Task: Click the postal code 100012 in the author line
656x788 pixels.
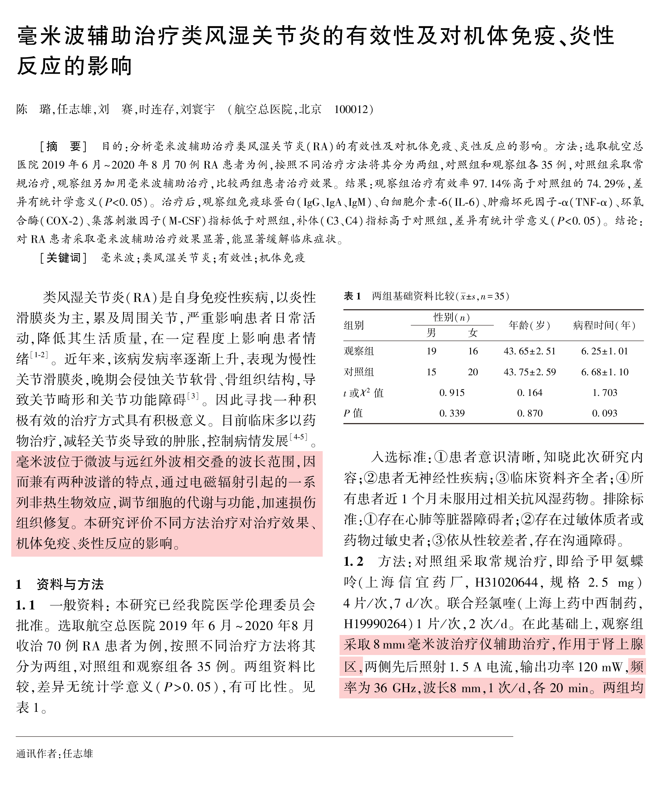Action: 351,109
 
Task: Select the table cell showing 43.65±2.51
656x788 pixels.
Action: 529,351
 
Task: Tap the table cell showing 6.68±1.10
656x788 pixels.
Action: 604,372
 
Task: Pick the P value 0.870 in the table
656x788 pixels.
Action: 530,413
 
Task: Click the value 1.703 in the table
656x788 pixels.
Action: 604,392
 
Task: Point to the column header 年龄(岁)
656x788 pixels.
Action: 529,325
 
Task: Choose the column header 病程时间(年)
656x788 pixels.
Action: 604,325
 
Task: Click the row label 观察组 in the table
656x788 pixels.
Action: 359,351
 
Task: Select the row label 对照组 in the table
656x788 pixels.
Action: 359,372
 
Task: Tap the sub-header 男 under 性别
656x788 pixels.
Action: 431,332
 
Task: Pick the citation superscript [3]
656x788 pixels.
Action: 193,396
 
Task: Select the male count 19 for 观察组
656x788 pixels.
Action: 431,351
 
